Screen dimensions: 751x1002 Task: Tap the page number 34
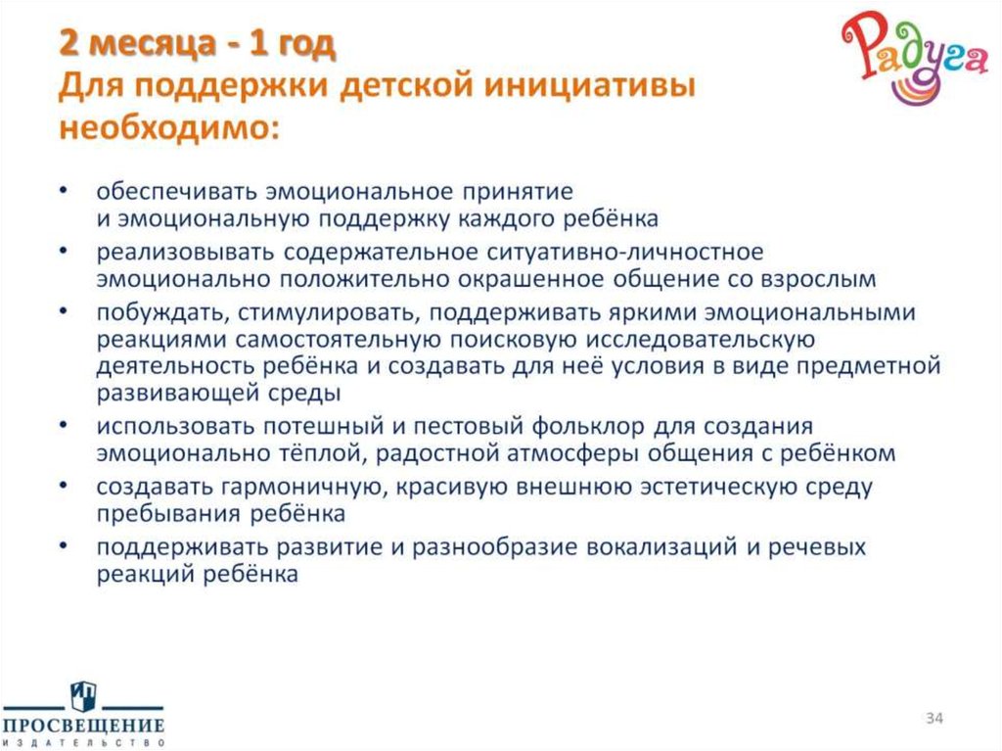934,721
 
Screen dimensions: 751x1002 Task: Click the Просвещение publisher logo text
82,726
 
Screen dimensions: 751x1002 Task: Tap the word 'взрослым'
823,278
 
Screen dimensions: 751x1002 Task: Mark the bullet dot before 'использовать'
64,428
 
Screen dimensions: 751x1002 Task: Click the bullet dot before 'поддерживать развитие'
64,546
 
